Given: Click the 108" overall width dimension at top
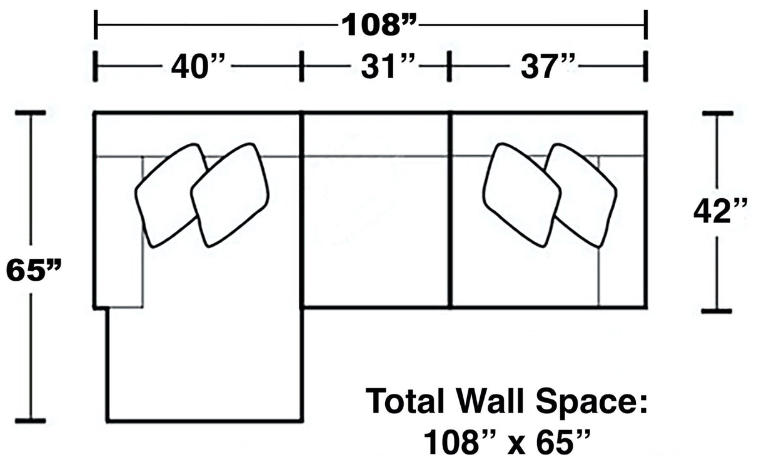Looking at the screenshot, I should click(379, 25).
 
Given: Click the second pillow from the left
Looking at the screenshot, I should click(230, 194).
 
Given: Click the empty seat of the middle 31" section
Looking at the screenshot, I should click(375, 231).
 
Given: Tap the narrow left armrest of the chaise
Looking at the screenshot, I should click(118, 231).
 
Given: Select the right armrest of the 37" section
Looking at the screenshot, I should click(622, 231).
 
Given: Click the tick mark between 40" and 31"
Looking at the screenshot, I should click(301, 66).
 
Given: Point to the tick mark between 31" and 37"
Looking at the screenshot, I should click(450, 66).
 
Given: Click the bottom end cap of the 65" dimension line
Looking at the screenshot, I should click(31, 421).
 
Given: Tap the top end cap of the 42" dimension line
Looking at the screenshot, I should click(717, 114).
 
